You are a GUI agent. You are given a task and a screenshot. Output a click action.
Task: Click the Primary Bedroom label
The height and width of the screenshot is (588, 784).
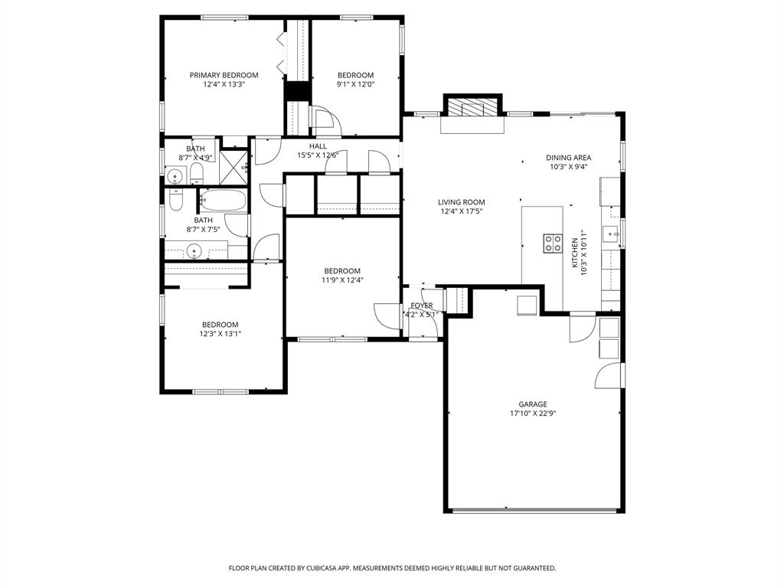224,75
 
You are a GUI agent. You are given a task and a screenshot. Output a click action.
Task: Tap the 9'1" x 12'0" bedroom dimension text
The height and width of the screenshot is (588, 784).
355,85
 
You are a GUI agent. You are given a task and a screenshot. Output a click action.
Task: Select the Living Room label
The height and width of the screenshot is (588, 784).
462,202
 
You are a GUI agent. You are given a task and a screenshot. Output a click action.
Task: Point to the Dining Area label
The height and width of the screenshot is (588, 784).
568,158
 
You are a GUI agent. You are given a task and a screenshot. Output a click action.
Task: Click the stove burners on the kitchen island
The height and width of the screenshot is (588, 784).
551,243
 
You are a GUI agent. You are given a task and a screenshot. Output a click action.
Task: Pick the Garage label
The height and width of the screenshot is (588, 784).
532,404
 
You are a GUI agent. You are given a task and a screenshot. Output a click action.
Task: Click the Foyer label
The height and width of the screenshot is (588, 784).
421,305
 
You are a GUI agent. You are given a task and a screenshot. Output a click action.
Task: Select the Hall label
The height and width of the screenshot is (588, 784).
318,146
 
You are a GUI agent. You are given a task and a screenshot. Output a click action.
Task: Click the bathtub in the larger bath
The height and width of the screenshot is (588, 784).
223,202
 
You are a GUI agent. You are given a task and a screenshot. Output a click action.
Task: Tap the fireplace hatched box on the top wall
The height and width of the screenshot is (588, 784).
472,106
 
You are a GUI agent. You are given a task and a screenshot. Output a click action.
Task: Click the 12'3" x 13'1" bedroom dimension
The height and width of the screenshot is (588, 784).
220,334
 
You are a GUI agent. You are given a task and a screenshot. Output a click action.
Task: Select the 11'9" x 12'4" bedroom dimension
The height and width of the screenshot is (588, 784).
341,280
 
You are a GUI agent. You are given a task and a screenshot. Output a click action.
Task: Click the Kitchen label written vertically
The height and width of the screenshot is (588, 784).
575,252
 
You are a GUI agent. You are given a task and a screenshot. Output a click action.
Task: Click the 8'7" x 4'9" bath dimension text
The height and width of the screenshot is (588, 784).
195,158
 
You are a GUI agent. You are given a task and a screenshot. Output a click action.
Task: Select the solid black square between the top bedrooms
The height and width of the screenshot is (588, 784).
296,90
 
